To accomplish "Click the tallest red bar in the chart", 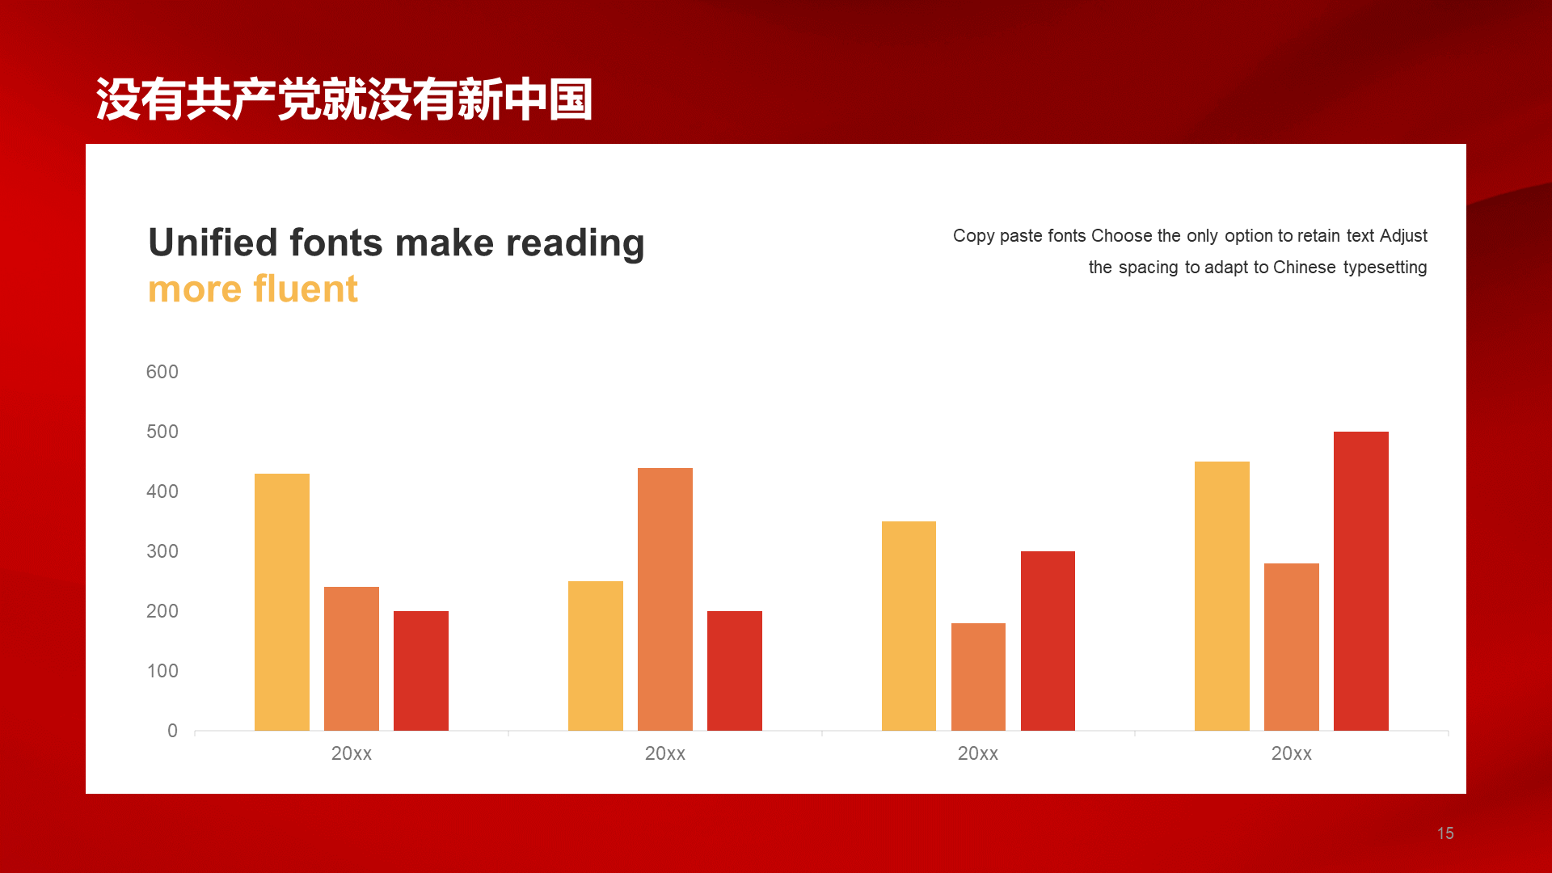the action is pyautogui.click(x=1361, y=581).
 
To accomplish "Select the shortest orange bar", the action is pyautogui.click(x=978, y=677).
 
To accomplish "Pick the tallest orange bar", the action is pyautogui.click(x=665, y=599).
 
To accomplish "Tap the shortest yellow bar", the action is pyautogui.click(x=596, y=656).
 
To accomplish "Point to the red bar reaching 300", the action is pyautogui.click(x=1048, y=641).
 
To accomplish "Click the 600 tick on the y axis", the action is pyautogui.click(x=162, y=372).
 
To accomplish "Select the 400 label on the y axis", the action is pyautogui.click(x=162, y=491).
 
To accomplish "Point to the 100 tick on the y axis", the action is pyautogui.click(x=162, y=671).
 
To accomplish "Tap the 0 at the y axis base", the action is pyautogui.click(x=172, y=731).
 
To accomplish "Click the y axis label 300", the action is pyautogui.click(x=162, y=551).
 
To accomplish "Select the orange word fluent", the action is pyautogui.click(x=306, y=289).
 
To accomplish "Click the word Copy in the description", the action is pyautogui.click(x=973, y=236).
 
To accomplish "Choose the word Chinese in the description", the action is pyautogui.click(x=1304, y=267).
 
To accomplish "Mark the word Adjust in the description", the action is pyautogui.click(x=1403, y=236).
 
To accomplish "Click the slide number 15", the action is pyautogui.click(x=1445, y=833).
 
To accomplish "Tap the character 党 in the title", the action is pyautogui.click(x=299, y=99).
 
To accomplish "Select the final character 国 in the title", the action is pyautogui.click(x=571, y=99).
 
